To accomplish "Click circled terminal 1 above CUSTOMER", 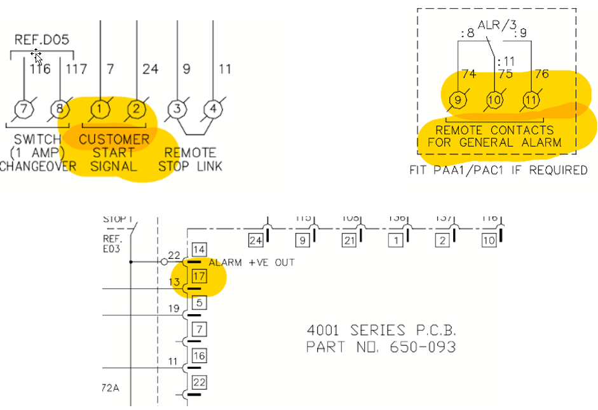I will click(x=100, y=109).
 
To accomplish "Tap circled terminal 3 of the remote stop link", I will click(x=178, y=109).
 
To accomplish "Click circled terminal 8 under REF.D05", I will click(x=60, y=109).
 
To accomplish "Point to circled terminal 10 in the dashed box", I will click(x=494, y=100).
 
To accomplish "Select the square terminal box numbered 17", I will click(x=200, y=275).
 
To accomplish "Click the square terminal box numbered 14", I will click(x=200, y=249).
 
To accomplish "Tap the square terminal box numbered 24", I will click(x=256, y=241).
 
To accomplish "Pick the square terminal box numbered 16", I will click(x=200, y=355).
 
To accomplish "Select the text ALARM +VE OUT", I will click(x=252, y=262).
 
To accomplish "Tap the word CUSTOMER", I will click(x=114, y=139).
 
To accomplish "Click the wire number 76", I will click(x=541, y=74).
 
